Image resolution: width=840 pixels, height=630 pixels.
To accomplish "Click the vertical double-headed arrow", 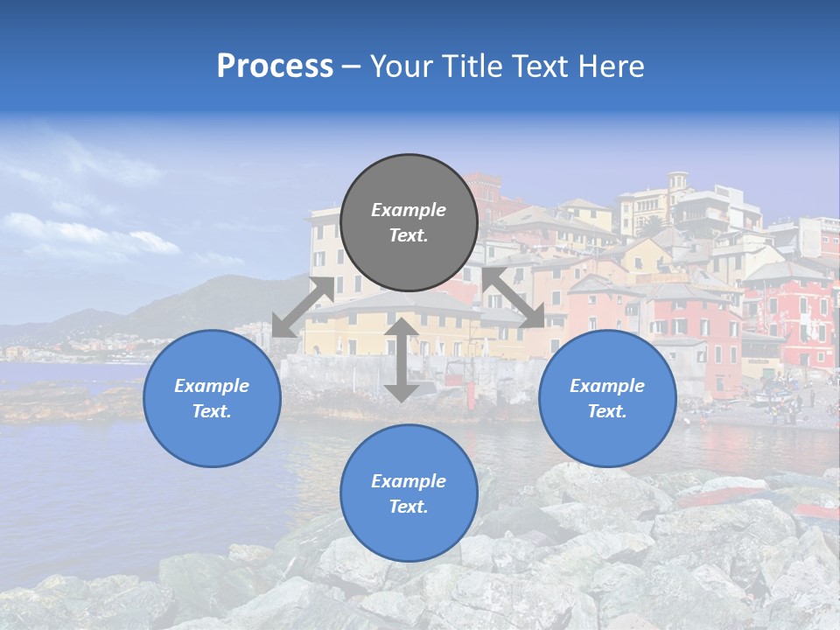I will tap(402, 360).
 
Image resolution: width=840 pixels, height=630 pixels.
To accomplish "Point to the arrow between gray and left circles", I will tap(303, 306).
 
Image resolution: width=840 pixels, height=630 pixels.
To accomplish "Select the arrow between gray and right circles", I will tap(514, 298).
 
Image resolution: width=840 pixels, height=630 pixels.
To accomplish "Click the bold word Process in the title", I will tap(275, 66).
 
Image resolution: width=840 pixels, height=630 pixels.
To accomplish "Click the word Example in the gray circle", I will tap(409, 210).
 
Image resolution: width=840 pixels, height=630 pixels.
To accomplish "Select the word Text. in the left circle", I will tap(212, 411).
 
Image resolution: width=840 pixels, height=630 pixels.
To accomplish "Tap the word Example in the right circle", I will tap(607, 386).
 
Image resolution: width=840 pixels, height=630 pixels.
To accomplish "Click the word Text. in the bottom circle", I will tap(409, 507).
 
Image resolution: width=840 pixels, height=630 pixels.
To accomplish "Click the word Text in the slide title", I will tap(545, 66).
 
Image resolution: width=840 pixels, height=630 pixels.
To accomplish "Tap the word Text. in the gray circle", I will tap(409, 235).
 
